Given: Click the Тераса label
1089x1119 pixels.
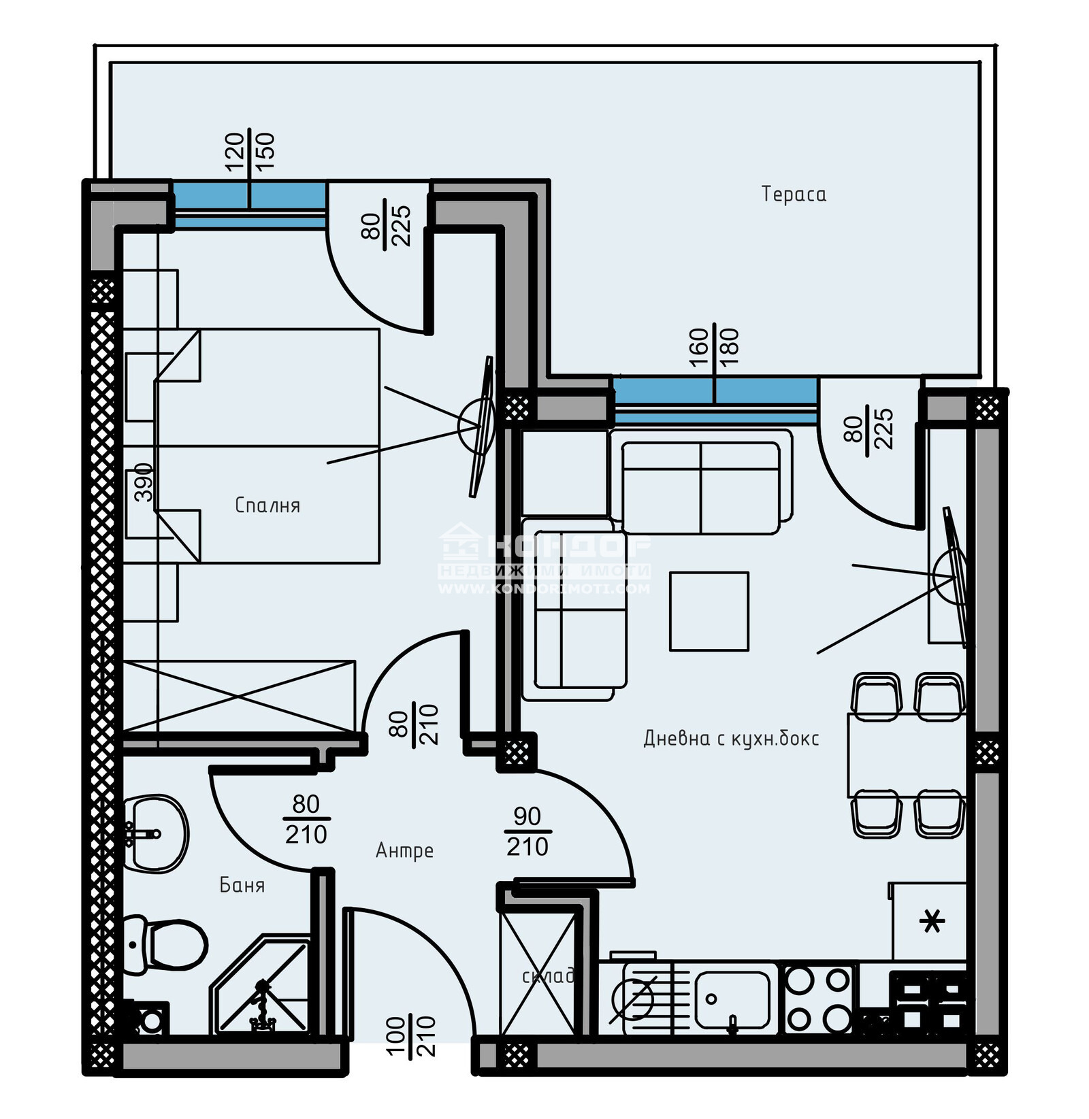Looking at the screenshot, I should [x=794, y=195].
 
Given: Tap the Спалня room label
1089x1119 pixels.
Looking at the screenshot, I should [x=267, y=505].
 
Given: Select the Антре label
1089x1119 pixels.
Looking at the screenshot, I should [x=404, y=850].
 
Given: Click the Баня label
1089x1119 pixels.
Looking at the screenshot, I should [x=242, y=885].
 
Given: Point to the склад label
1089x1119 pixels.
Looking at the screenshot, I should [x=548, y=976].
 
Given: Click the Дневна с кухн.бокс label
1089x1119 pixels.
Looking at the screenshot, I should [x=731, y=738].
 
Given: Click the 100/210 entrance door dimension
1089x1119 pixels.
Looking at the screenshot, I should [x=410, y=1036].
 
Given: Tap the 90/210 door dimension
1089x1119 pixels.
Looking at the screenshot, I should [x=527, y=831].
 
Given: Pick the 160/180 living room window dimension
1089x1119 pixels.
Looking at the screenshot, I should [x=714, y=347].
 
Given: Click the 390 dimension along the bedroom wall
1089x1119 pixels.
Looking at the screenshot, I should [x=144, y=482].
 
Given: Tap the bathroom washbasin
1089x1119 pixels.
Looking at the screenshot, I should [x=157, y=833].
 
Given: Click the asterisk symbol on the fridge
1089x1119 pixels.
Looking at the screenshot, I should [x=932, y=922].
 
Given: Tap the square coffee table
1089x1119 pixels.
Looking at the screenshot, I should [x=709, y=611].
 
